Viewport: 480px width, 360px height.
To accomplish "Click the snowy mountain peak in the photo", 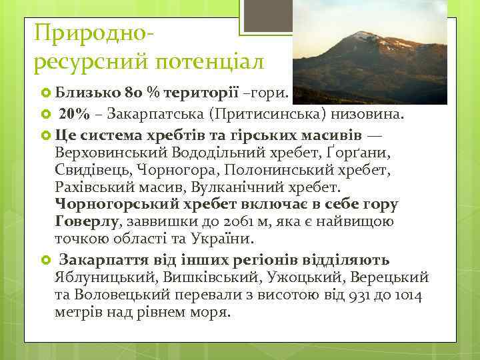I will coord(364,35).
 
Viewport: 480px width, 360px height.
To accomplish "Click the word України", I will coord(215,239).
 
